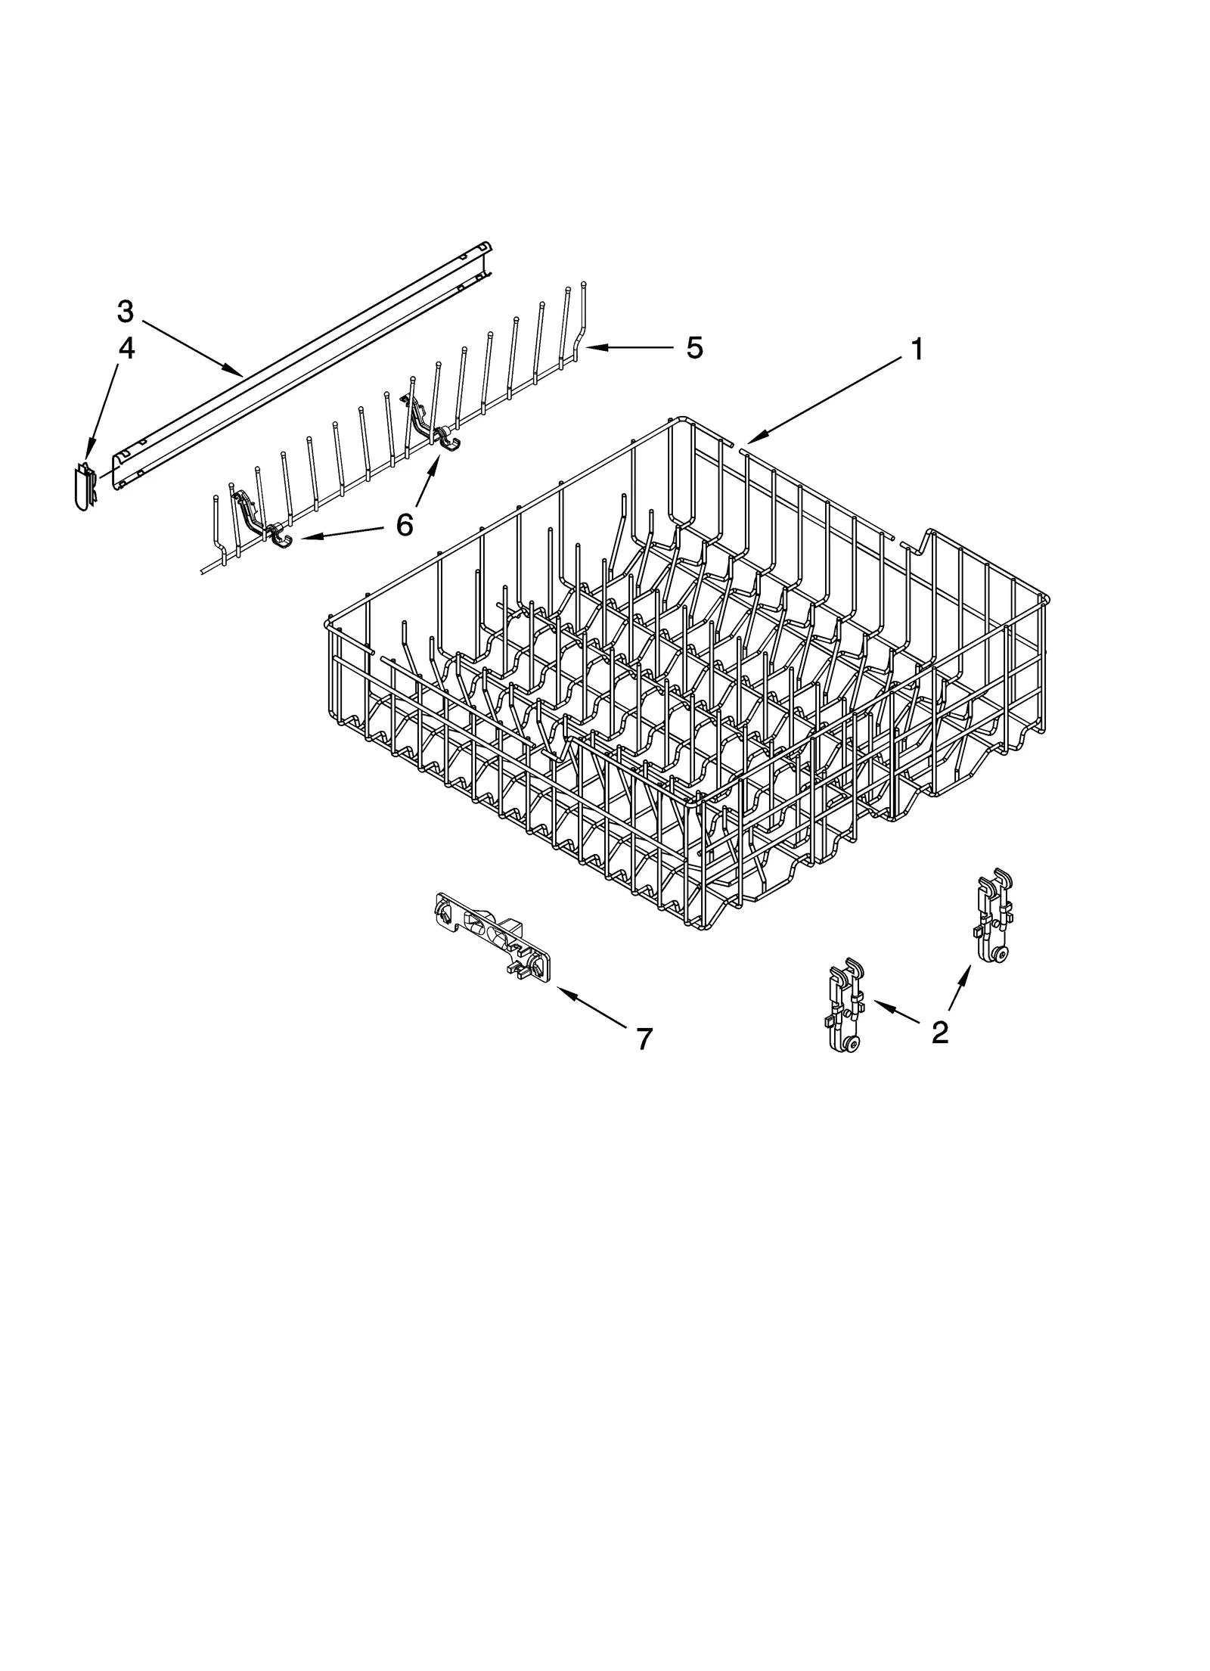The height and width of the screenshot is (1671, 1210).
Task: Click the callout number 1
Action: coord(916,350)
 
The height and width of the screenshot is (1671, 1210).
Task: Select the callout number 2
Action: coord(939,1032)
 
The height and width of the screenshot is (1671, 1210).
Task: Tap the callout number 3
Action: coord(126,311)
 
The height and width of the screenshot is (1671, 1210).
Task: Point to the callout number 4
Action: coord(126,349)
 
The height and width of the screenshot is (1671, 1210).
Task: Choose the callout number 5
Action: coord(694,348)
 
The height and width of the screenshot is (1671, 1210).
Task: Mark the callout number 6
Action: coord(405,524)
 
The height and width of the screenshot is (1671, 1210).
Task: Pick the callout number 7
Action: coord(644,1039)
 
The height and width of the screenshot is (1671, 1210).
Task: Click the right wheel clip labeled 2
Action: coord(992,917)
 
